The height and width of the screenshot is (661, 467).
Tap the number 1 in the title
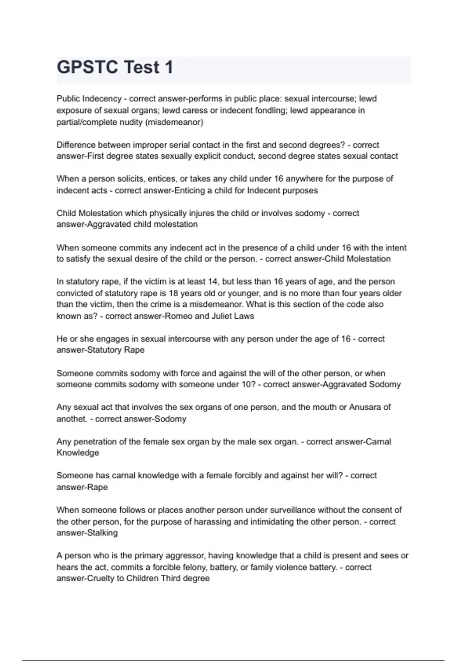[169, 67]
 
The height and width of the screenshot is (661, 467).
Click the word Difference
[75, 145]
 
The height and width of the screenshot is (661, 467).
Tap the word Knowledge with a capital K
[78, 453]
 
